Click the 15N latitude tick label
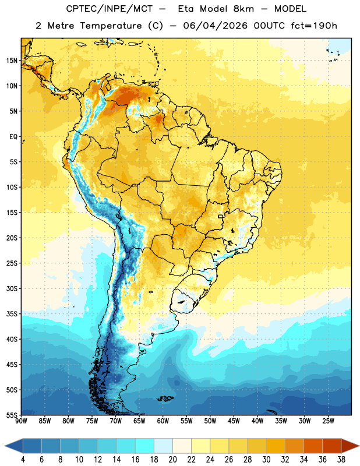click(x=12, y=61)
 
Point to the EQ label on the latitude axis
click(x=13, y=137)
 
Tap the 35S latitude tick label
click(x=12, y=314)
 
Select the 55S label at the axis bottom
click(x=12, y=415)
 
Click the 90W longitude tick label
click(x=21, y=421)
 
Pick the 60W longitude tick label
click(x=163, y=421)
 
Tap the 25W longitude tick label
click(x=328, y=421)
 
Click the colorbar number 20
click(x=172, y=460)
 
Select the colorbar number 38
click(x=341, y=460)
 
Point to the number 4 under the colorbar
click(x=23, y=460)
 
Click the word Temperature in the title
click(x=111, y=26)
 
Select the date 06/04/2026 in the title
click(x=215, y=26)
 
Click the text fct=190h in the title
click(x=314, y=26)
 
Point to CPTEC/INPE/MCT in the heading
click(x=109, y=9)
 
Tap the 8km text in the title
click(x=243, y=9)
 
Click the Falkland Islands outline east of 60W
click(x=165, y=398)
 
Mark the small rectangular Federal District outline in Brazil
click(x=221, y=216)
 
